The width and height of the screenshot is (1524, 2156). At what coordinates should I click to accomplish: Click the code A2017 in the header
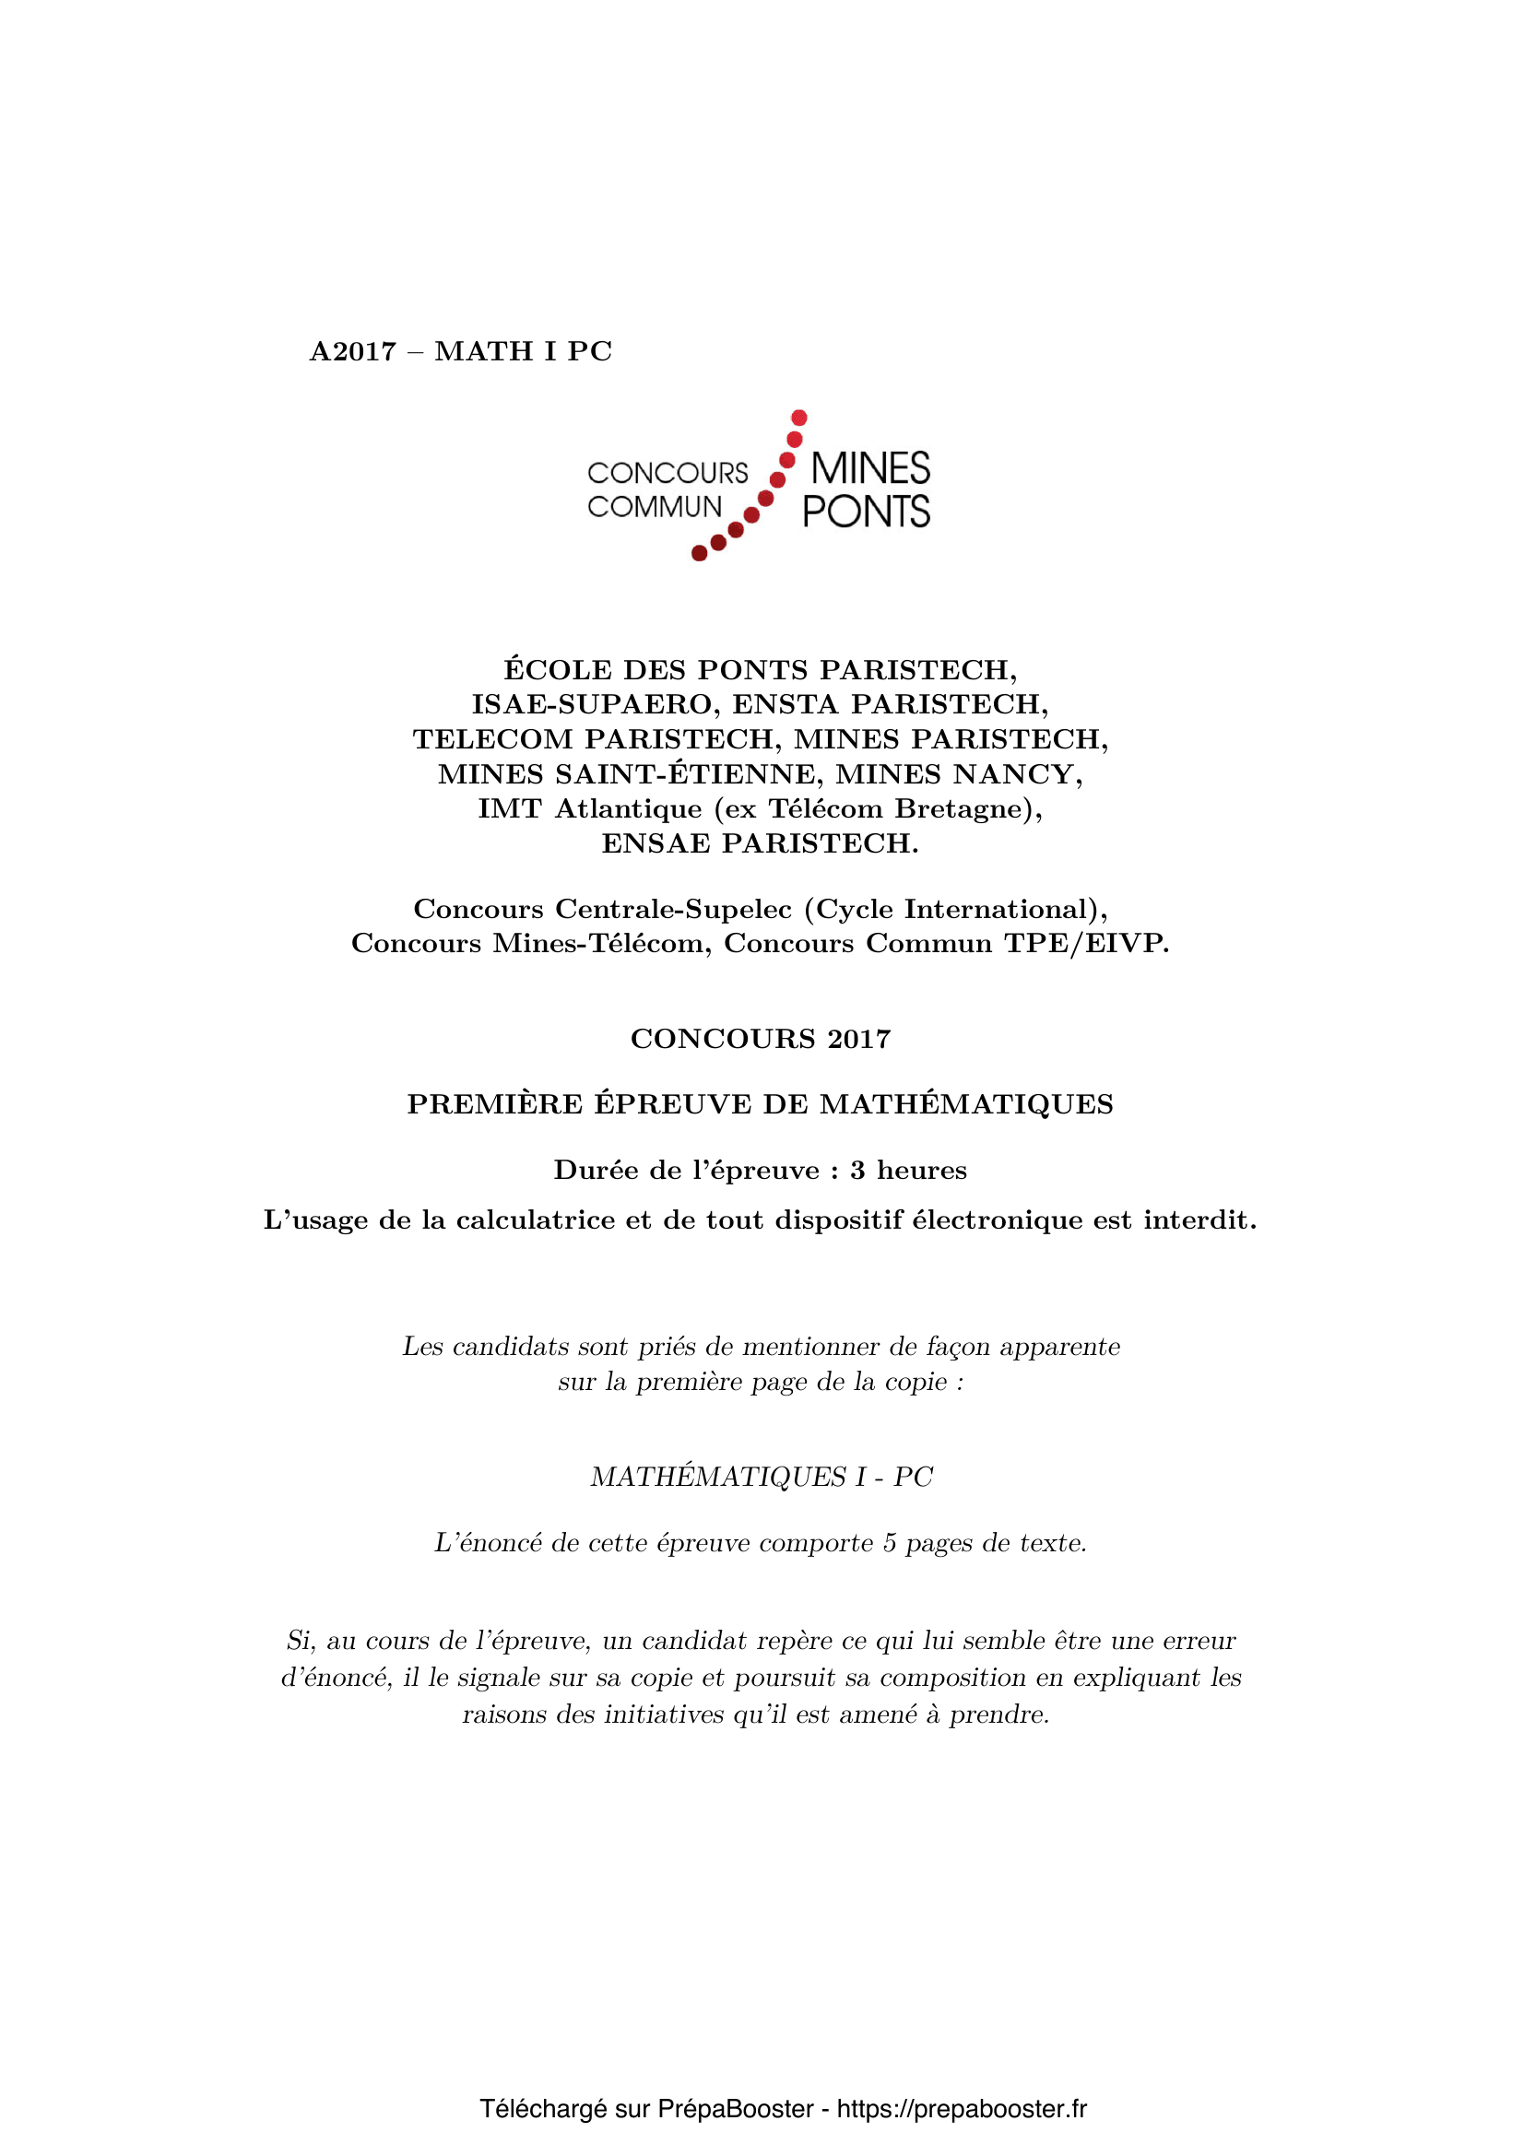pyautogui.click(x=353, y=351)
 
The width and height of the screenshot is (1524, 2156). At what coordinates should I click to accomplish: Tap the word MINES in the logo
pyautogui.click(x=869, y=468)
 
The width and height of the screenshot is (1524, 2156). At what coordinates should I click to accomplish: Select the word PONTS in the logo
pyautogui.click(x=866, y=512)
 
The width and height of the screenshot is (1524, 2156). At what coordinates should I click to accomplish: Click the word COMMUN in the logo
pyautogui.click(x=655, y=507)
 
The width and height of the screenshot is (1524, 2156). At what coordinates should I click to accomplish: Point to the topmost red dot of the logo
pyautogui.click(x=799, y=417)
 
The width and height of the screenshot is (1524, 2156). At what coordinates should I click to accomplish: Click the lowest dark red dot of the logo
pyautogui.click(x=700, y=553)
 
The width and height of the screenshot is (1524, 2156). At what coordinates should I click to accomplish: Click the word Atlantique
pyautogui.click(x=628, y=808)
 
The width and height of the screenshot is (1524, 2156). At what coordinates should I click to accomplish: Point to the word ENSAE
pyautogui.click(x=656, y=843)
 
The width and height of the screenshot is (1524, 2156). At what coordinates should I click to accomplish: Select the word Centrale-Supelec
pyautogui.click(x=673, y=909)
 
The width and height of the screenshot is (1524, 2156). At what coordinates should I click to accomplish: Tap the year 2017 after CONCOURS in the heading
pyautogui.click(x=858, y=1039)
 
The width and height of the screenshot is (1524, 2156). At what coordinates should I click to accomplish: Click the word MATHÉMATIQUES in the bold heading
pyautogui.click(x=966, y=1104)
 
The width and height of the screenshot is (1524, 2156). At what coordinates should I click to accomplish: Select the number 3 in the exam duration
pyautogui.click(x=857, y=1170)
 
